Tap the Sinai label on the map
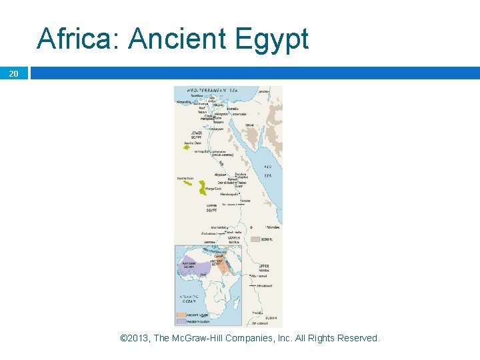[x=249, y=124]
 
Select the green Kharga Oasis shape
[x=203, y=188]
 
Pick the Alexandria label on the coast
[x=183, y=102]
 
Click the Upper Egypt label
[x=212, y=207]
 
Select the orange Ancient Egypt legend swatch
[x=181, y=315]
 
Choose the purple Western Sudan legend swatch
[x=181, y=321]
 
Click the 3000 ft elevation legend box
[x=256, y=237]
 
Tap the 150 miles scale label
[x=271, y=227]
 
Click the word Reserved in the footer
[x=358, y=338]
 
